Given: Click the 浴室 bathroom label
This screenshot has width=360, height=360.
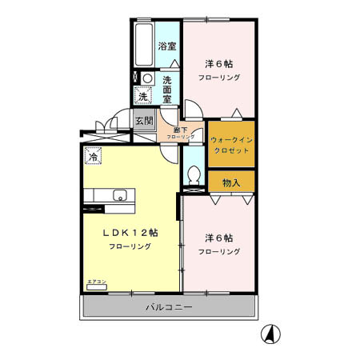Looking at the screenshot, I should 166,46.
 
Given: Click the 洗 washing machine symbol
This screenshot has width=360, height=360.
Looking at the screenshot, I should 142,96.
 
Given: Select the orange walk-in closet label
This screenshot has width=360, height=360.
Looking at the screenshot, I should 231,143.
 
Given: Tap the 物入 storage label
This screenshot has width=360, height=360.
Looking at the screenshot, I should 231,182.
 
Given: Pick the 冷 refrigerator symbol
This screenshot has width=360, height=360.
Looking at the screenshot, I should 94,158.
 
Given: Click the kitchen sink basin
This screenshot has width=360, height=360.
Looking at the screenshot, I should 119,195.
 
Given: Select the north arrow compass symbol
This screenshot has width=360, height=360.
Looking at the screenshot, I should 272,334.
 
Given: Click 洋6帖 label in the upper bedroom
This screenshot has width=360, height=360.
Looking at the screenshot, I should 218,64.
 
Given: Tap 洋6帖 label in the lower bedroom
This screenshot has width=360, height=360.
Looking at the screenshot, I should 218,238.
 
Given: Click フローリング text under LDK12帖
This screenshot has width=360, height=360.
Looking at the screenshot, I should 130,247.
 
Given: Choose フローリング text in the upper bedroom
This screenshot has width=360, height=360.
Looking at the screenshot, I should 219,78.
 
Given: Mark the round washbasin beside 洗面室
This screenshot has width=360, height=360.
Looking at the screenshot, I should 147,78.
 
